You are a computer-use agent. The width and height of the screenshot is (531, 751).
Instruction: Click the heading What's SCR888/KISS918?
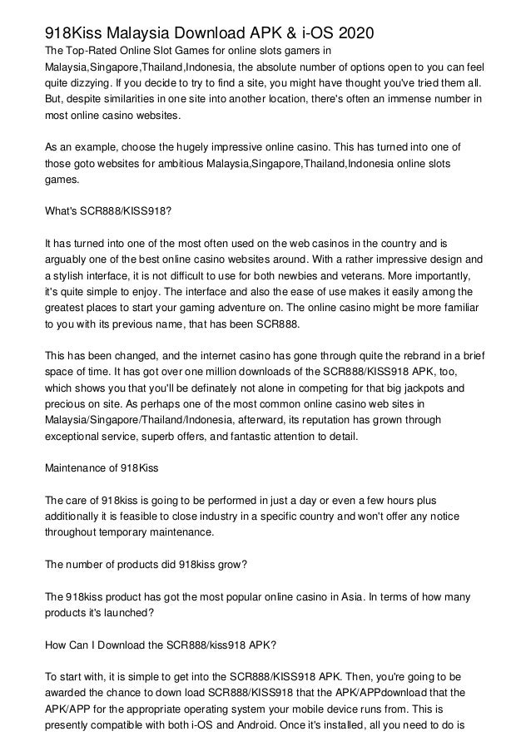(x=109, y=210)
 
